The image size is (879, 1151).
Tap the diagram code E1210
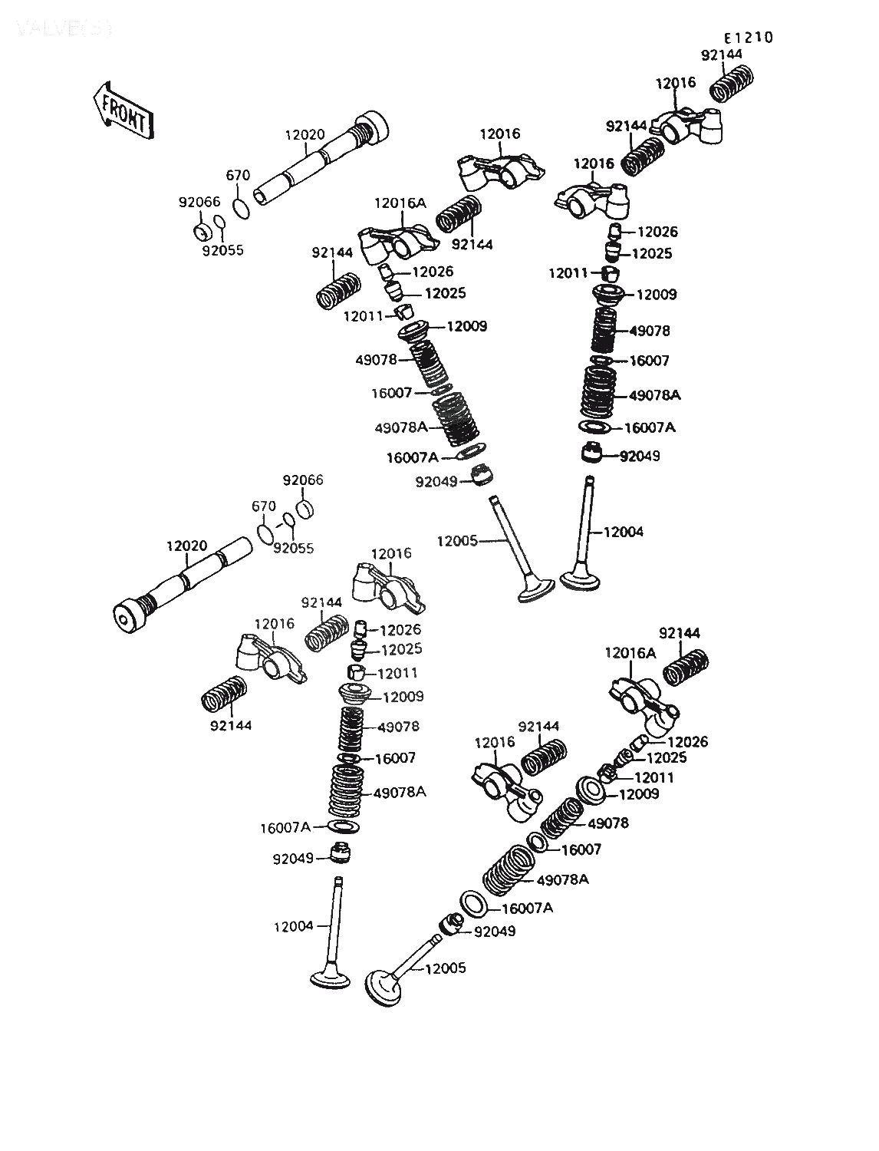coord(748,38)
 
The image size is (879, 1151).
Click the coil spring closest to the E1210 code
coord(732,83)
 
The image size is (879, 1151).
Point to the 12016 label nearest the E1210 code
coord(676,83)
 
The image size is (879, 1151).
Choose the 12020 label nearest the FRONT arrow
coord(305,134)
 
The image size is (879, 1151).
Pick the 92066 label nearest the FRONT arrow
coord(199,203)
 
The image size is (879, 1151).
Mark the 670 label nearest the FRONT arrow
coord(238,176)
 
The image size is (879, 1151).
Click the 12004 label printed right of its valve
coord(623,532)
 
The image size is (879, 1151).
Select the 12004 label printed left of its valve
coord(294,926)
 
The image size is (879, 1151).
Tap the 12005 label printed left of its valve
coord(457,541)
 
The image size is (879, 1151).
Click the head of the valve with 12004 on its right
coord(581,577)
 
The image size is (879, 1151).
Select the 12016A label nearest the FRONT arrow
coord(397,203)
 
